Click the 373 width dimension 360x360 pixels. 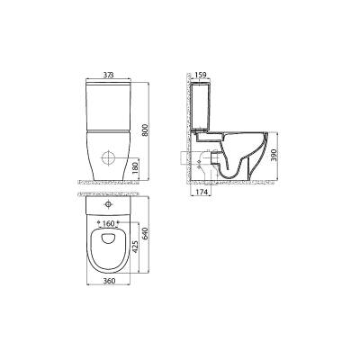[109, 75]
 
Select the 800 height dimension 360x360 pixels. [145, 131]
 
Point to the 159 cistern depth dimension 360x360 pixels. [201, 75]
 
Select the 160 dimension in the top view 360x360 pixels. [109, 223]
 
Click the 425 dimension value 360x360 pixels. [135, 247]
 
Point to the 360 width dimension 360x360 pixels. [109, 281]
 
